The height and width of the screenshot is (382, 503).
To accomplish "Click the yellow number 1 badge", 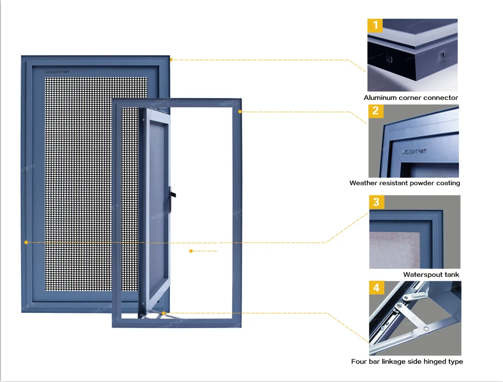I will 376,25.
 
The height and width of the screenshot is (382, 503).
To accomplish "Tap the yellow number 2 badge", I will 376,110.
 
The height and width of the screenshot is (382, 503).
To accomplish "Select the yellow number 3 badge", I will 376,202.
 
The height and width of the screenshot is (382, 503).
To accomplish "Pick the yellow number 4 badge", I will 376,288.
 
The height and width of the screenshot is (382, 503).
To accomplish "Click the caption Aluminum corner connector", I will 411,97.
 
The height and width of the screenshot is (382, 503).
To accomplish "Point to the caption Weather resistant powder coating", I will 405,183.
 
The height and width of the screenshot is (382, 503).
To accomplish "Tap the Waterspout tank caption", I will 431,274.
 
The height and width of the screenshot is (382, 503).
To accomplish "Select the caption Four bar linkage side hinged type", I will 407,361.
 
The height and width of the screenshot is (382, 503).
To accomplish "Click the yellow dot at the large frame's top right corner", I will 171,59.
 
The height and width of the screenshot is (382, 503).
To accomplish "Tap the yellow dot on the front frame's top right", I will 239,111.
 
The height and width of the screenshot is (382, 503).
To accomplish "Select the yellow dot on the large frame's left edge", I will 26,242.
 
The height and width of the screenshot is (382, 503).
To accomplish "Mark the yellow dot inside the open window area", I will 191,251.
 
